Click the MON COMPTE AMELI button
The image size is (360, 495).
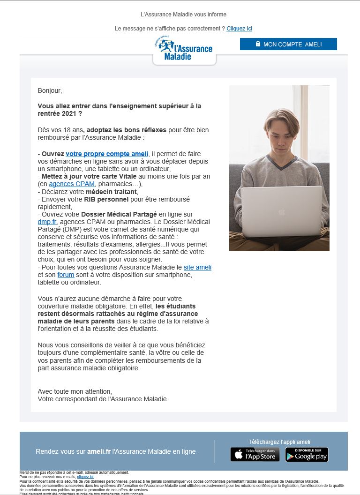point(288,44)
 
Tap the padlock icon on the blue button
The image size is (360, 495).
point(258,44)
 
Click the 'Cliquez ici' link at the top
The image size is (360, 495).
point(239,29)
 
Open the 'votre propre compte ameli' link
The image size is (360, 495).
point(107,154)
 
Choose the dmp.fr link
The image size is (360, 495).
point(47,222)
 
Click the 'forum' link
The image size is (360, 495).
point(66,275)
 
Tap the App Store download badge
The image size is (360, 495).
point(255,454)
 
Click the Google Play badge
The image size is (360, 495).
point(307,454)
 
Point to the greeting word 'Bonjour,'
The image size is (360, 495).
point(50,90)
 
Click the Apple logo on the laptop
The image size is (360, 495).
point(281,212)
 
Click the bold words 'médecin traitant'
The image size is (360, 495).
point(111,192)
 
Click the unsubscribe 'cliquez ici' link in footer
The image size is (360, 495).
point(85,477)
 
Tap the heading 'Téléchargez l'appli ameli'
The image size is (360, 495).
point(279,442)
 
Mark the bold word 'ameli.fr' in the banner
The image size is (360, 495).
point(98,451)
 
